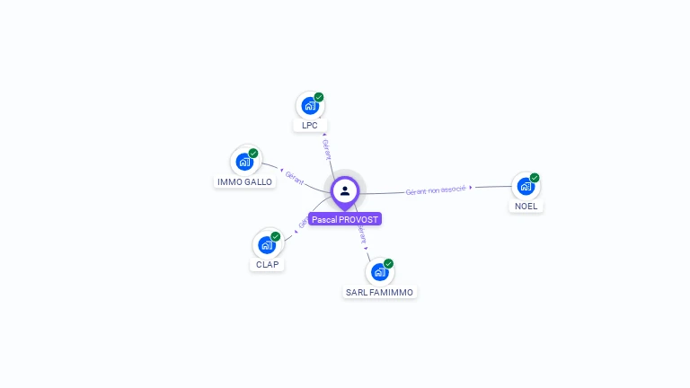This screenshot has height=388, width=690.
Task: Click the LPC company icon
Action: click(310, 106)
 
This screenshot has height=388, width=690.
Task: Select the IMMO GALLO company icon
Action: click(243, 162)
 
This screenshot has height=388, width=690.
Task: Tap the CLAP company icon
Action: click(266, 244)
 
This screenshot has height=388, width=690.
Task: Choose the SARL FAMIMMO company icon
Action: click(379, 271)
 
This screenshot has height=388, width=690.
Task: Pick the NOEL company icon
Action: click(525, 186)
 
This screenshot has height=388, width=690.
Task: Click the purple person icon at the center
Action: click(345, 190)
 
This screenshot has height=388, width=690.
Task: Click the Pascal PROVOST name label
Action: click(345, 219)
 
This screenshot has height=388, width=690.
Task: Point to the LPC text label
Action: click(310, 126)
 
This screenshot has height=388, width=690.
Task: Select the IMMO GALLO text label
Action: click(244, 182)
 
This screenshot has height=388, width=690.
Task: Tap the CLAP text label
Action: click(268, 265)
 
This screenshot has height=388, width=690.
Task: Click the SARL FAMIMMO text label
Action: click(381, 293)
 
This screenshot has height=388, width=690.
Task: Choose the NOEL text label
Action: click(526, 207)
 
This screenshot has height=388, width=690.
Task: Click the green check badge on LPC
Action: click(319, 97)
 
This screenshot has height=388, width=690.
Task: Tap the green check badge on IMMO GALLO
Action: click(253, 153)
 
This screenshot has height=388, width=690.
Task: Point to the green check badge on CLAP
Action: click(276, 236)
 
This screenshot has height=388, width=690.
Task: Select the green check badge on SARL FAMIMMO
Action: click(389, 263)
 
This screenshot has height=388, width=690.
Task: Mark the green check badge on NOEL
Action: click(535, 177)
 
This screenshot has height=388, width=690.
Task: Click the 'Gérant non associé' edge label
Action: click(436, 190)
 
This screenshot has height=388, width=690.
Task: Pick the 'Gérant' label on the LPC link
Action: click(326, 150)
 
